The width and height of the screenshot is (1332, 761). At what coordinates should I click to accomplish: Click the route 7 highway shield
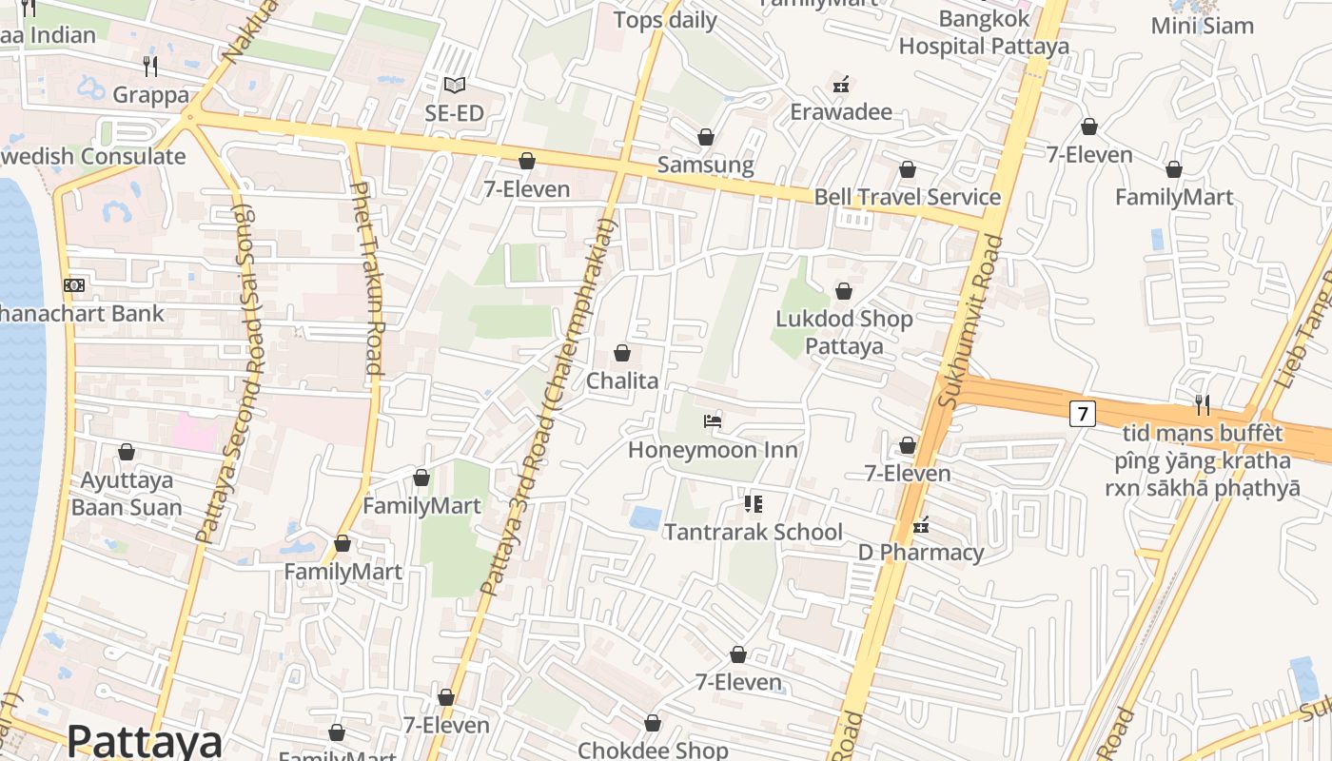(x=1082, y=414)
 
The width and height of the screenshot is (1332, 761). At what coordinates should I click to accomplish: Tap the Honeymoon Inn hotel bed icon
(x=713, y=420)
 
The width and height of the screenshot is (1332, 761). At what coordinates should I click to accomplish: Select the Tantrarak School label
(x=753, y=532)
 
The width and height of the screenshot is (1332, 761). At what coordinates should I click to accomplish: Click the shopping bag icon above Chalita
(x=622, y=353)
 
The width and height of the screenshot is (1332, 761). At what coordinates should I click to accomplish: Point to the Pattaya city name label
(x=145, y=741)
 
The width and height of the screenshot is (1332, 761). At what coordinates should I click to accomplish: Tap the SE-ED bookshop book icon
(x=455, y=85)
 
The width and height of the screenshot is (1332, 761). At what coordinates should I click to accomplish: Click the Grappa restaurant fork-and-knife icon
(x=150, y=66)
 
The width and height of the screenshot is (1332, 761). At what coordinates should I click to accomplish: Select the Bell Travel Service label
(x=907, y=197)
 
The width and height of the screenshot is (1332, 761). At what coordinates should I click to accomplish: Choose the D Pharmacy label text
(x=920, y=553)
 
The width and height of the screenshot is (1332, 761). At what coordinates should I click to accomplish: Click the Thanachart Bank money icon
(x=74, y=285)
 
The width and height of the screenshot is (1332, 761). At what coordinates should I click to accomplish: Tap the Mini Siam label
(x=1202, y=26)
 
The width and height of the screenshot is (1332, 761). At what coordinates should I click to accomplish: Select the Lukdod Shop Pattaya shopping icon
(x=844, y=291)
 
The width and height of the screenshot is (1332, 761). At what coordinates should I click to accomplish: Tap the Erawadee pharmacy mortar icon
(x=840, y=85)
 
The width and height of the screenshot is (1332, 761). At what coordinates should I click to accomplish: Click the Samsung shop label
(x=705, y=166)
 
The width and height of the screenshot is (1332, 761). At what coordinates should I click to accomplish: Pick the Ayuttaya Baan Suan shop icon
(x=127, y=452)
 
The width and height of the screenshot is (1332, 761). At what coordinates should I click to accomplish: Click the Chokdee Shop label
(x=653, y=751)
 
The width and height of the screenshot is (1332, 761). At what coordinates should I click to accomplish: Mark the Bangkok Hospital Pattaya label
(x=984, y=32)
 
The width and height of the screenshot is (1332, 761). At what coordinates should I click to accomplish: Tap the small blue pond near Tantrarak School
(x=646, y=518)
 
